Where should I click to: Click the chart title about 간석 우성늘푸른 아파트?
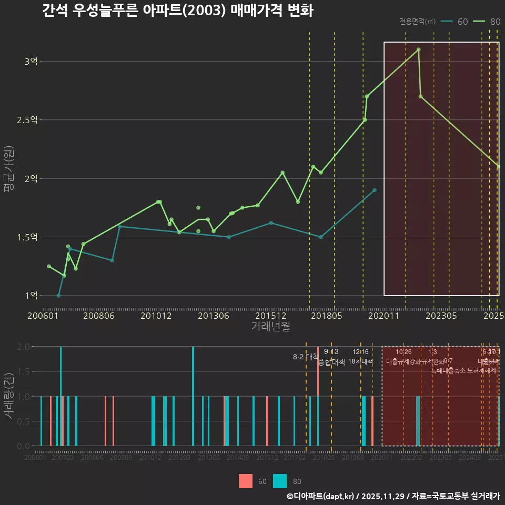click(177, 11)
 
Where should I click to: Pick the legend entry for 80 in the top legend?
click(487, 22)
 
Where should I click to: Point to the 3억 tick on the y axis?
click(31, 62)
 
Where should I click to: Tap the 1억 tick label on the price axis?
click(31, 296)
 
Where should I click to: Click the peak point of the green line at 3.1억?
click(418, 49)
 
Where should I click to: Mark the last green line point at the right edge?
click(499, 167)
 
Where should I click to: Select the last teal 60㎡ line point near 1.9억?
click(375, 190)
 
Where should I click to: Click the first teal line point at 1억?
click(58, 296)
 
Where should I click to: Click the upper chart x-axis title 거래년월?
click(270, 327)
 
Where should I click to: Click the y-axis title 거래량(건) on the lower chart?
click(8, 396)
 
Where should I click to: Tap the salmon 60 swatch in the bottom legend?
click(246, 481)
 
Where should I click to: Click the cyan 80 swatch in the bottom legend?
click(280, 481)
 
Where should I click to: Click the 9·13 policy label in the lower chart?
click(331, 351)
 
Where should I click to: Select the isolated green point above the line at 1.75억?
click(198, 208)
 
